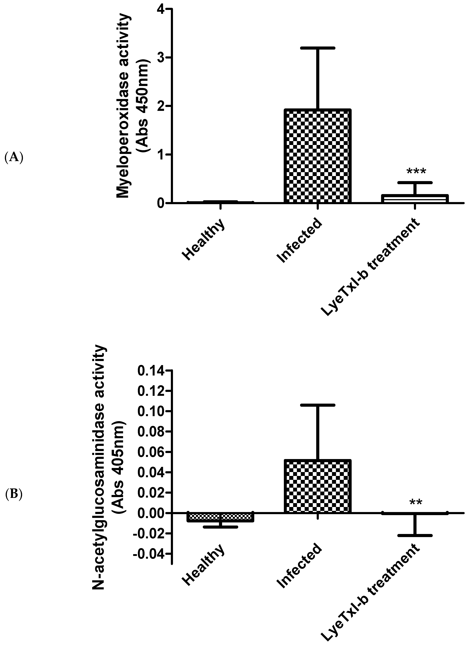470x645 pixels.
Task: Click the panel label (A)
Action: (x=14, y=157)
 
